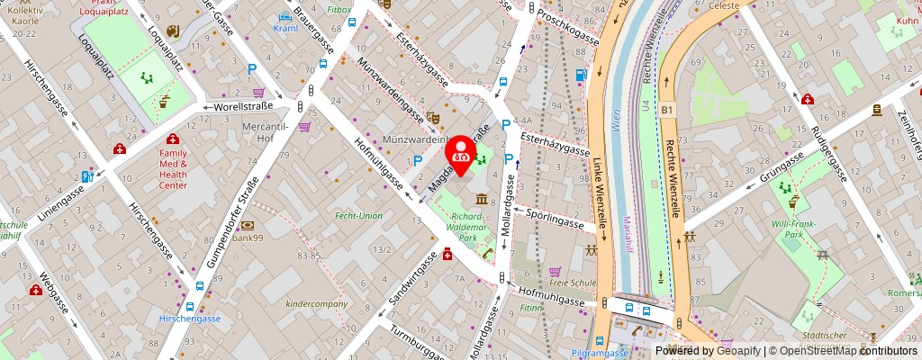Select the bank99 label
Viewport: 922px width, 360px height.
247,238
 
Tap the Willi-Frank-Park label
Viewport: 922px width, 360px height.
791,228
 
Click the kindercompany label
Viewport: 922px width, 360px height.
317,304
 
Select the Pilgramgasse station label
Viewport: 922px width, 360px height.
599,353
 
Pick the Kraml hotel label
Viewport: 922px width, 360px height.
285,28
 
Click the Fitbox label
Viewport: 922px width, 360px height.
339,10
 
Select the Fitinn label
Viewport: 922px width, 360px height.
531,308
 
